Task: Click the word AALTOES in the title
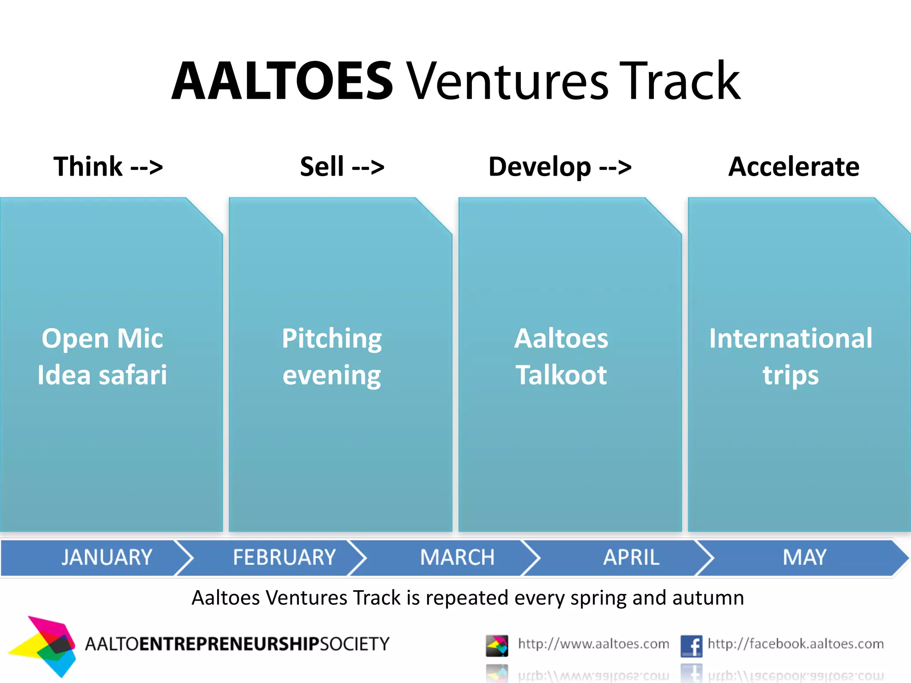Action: [x=282, y=82]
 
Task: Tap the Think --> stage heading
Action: [x=108, y=167]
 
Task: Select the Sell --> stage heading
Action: [x=342, y=167]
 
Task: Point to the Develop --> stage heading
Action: [x=560, y=167]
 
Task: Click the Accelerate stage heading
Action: [x=794, y=167]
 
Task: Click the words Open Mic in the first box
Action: [x=102, y=338]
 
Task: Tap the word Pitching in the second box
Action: [x=332, y=339]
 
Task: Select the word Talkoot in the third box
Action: [x=561, y=375]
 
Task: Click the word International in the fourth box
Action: [x=790, y=338]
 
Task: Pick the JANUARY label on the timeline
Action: [x=107, y=557]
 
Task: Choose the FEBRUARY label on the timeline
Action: [x=284, y=557]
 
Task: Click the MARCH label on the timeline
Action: [x=457, y=557]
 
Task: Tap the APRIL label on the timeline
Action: [x=631, y=557]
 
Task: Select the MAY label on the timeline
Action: [x=804, y=557]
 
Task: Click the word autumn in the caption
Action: [x=708, y=598]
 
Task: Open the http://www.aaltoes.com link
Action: [x=593, y=644]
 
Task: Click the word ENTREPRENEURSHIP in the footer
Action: [x=229, y=644]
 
